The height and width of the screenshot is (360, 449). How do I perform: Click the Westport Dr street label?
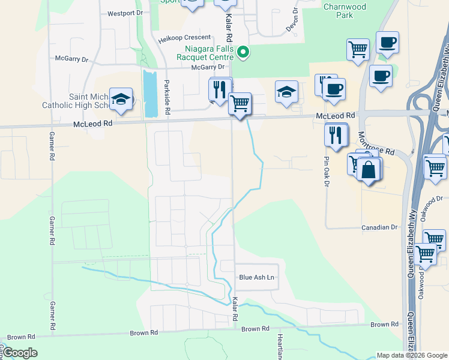(x=125, y=13)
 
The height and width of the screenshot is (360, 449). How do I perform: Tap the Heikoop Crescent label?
(x=185, y=37)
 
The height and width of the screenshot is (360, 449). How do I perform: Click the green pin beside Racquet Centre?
(x=243, y=53)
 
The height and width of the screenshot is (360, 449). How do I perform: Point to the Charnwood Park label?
(x=345, y=11)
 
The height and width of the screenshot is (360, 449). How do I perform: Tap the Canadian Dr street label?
(x=379, y=227)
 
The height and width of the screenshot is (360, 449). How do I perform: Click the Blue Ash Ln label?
(x=256, y=277)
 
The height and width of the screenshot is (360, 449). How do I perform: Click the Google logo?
(x=20, y=352)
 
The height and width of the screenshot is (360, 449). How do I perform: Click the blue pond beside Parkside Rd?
(x=149, y=93)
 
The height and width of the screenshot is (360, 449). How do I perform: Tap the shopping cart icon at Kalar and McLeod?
(x=240, y=103)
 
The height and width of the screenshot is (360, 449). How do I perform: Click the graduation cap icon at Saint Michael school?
(x=121, y=99)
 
